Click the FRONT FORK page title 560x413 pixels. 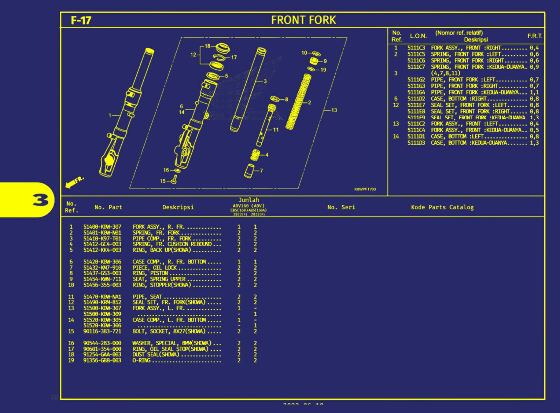(x=303, y=20)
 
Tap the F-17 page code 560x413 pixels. (x=81, y=21)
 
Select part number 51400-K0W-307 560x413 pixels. (x=102, y=227)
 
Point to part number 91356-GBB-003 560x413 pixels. (x=102, y=360)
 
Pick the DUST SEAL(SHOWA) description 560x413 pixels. (x=156, y=354)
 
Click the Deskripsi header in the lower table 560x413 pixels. (x=178, y=207)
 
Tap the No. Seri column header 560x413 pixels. (x=341, y=207)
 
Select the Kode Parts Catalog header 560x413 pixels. (x=442, y=207)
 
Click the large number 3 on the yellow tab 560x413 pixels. (x=40, y=200)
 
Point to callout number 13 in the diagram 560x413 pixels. (x=334, y=110)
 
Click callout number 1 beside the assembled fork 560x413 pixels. (x=110, y=115)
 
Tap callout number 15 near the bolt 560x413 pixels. (x=163, y=181)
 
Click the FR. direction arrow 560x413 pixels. (x=74, y=182)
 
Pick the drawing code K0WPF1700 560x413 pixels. (x=365, y=189)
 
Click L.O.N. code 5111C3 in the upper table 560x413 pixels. (x=416, y=48)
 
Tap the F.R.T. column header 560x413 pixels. (x=534, y=36)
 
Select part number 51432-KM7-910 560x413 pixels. (x=102, y=268)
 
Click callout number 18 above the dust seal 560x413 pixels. (x=207, y=46)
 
